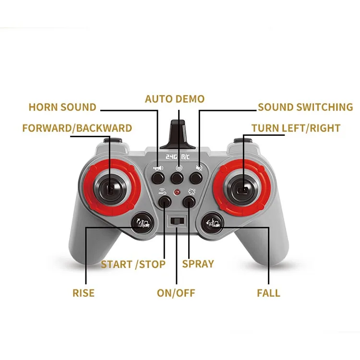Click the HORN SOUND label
click(62, 107)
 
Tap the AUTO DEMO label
click(175, 99)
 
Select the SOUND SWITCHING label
click(305, 107)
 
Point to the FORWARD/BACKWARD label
click(77, 128)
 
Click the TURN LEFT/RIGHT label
click(296, 128)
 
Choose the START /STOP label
click(133, 264)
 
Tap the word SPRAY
click(198, 264)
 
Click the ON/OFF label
click(176, 293)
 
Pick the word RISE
click(84, 293)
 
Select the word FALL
click(268, 293)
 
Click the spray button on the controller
click(190, 202)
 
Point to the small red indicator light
click(177, 193)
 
